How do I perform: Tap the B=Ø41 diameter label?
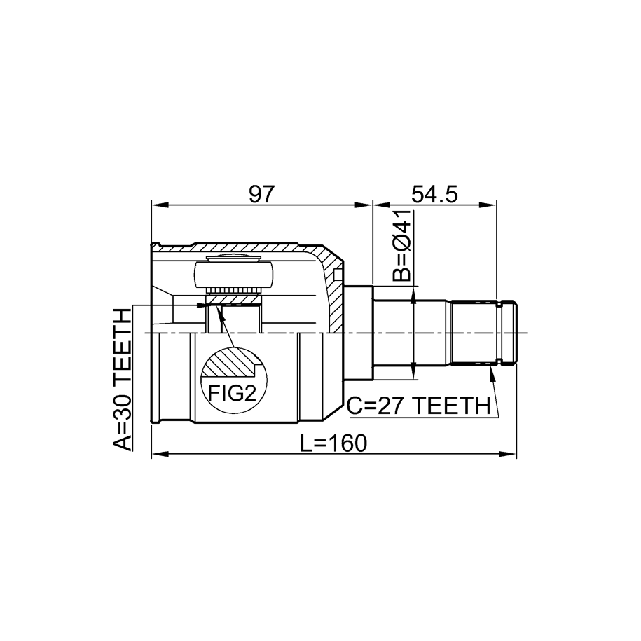[x=401, y=246]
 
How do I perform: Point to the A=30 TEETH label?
[x=122, y=380]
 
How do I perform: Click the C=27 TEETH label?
[x=419, y=406]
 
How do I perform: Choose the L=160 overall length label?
[x=334, y=443]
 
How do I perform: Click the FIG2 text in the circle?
[x=232, y=393]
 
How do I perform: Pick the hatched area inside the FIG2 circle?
[x=231, y=362]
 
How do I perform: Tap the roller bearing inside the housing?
[x=233, y=275]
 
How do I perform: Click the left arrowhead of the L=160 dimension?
[x=160, y=454]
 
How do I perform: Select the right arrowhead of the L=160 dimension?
[x=508, y=454]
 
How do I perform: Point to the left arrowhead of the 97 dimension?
[x=160, y=205]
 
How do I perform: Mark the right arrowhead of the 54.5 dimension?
[x=488, y=205]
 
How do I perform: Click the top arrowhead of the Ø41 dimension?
[x=415, y=294]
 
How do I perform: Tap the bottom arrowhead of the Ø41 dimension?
[x=415, y=371]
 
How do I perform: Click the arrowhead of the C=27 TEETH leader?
[x=492, y=373]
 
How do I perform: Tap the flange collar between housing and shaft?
[x=359, y=333]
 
